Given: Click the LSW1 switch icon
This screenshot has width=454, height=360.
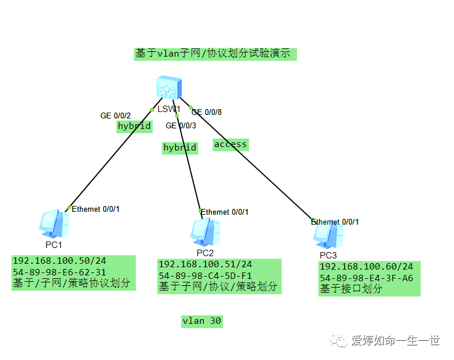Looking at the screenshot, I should point(168,89).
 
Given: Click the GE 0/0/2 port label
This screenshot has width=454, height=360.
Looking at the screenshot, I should point(115,116).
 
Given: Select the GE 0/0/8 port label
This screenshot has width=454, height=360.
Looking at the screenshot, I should point(207,112).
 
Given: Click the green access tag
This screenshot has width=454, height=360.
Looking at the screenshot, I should point(231,144).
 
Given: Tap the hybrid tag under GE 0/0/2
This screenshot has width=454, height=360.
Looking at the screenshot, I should point(134,126).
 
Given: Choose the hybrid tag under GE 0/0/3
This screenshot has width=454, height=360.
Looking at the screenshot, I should point(180,148).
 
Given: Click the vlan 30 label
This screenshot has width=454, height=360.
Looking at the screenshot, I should point(202,321).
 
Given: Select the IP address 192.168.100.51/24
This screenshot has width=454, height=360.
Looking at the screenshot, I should point(205,264).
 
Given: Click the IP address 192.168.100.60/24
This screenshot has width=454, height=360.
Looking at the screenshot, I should point(366,267).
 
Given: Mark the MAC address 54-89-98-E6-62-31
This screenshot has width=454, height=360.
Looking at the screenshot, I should point(59,272).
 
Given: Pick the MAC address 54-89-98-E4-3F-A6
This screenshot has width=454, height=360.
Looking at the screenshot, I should point(366,278).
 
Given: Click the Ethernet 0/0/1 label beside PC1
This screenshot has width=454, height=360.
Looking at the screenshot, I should point(95,209).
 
